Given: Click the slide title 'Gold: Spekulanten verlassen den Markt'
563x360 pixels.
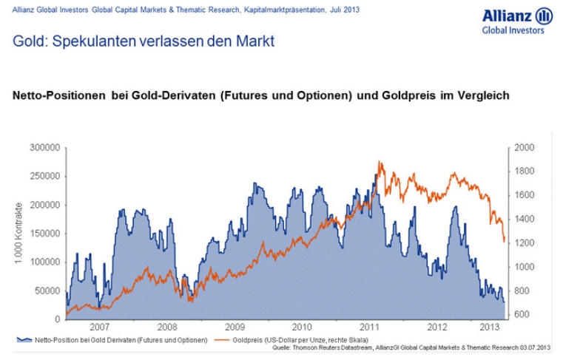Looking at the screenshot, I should (144, 41).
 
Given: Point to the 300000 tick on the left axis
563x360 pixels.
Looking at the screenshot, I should (44, 148).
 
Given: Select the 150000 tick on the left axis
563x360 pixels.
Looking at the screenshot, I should (44, 234).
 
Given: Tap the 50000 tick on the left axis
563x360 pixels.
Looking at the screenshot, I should (47, 291).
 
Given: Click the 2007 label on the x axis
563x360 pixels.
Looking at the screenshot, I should (99, 326).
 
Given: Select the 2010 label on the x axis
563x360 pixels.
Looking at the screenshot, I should (301, 326).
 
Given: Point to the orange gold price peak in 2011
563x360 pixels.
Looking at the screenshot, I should (380, 162).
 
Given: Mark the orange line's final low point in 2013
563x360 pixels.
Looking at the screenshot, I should (504, 241).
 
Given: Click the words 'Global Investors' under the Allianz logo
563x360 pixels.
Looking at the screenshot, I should (513, 31).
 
